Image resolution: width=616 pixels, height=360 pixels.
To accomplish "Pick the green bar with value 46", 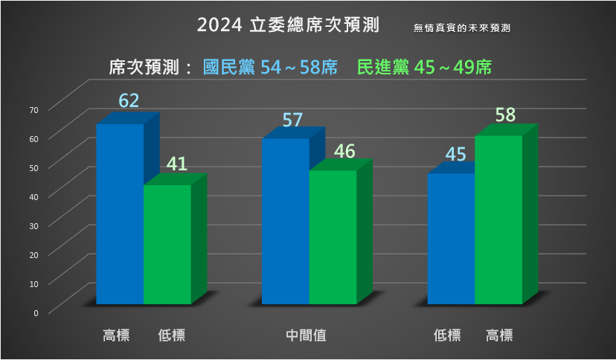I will pyautogui.click(x=333, y=237).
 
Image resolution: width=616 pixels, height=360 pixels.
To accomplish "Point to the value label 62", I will pyautogui.click(x=129, y=101).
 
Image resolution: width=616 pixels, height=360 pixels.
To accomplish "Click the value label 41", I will pyautogui.click(x=176, y=163).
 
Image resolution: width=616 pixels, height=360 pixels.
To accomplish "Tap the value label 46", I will pyautogui.click(x=344, y=151).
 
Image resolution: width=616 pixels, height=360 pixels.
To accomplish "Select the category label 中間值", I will pyautogui.click(x=307, y=335).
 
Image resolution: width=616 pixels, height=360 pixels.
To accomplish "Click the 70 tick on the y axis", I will pyautogui.click(x=33, y=110).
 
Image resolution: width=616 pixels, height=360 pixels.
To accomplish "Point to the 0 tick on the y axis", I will pyautogui.click(x=36, y=312).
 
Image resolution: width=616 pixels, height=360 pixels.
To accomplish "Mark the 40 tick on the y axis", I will pyautogui.click(x=33, y=196).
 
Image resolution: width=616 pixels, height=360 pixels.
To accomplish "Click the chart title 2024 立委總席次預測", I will pyautogui.click(x=289, y=25).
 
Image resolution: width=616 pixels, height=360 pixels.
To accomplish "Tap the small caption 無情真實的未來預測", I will pyautogui.click(x=462, y=28).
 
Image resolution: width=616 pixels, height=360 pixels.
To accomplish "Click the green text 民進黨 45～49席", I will pyautogui.click(x=424, y=68).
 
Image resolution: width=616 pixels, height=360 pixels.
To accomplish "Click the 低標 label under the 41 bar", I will pyautogui.click(x=171, y=335).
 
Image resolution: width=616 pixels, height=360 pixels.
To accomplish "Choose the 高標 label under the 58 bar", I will pyautogui.click(x=499, y=335).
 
